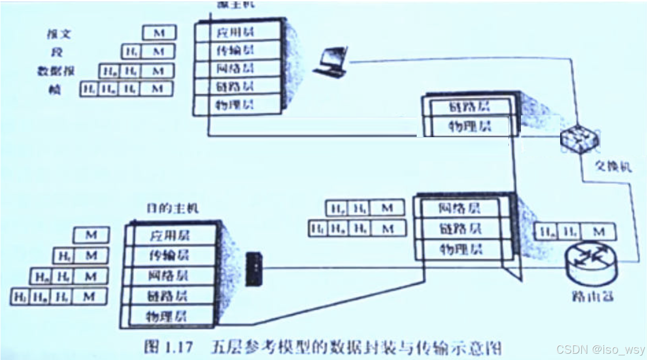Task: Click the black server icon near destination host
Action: [x=251, y=269]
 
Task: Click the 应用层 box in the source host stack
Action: [x=236, y=32]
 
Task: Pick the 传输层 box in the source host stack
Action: [x=236, y=50]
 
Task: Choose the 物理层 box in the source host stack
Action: [x=236, y=105]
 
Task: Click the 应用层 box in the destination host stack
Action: [x=169, y=235]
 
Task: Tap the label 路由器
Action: [x=593, y=296]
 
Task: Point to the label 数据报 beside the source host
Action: [x=56, y=71]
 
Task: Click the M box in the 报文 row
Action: [x=159, y=33]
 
